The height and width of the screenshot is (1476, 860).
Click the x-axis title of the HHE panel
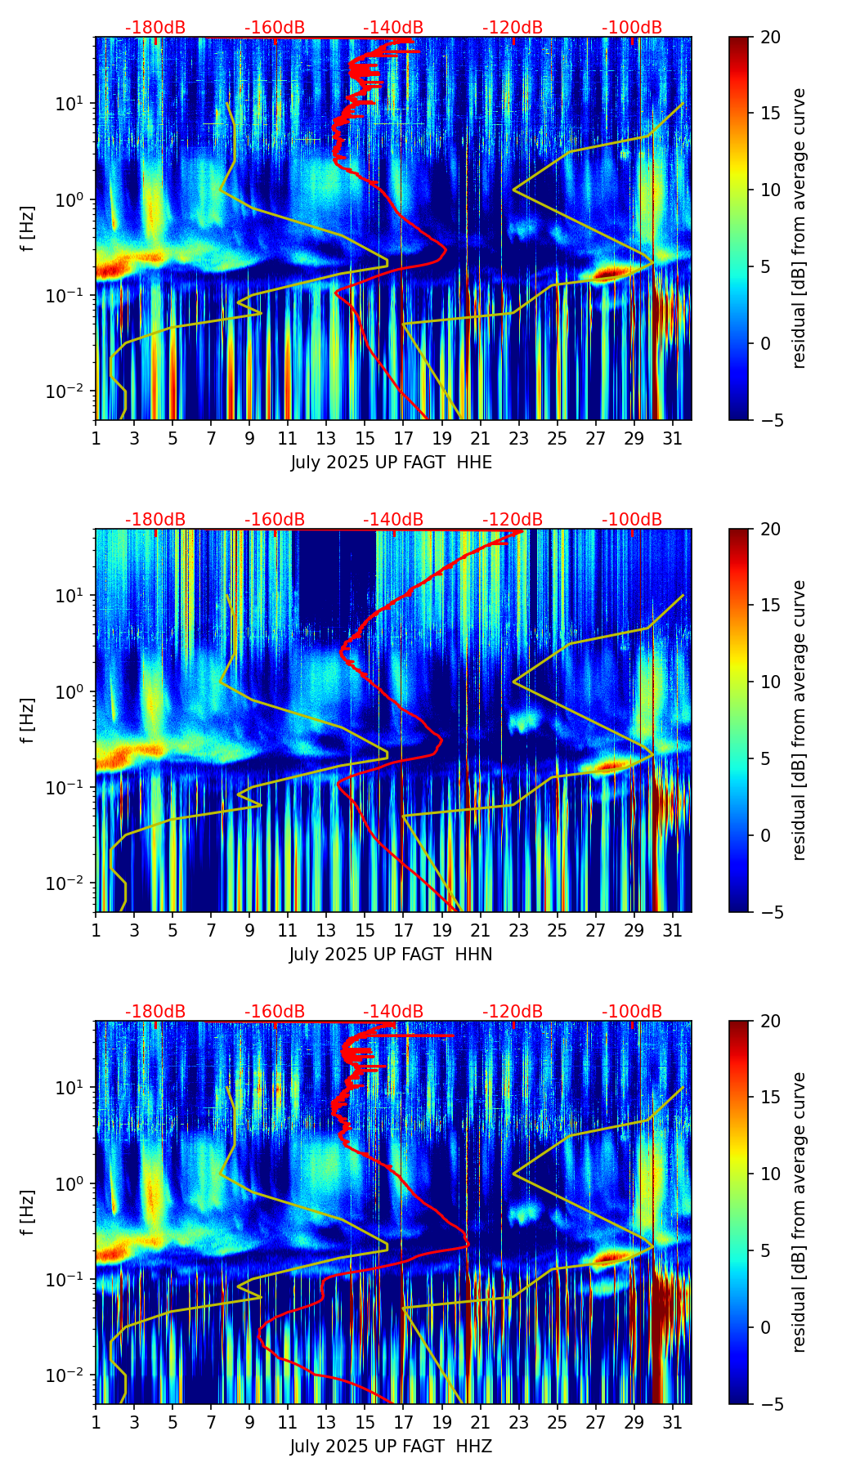(x=391, y=463)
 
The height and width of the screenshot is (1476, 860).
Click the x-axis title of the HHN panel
(x=391, y=955)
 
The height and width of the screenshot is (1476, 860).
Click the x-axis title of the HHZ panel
(x=391, y=1447)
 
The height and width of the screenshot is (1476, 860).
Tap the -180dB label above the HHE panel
(x=155, y=28)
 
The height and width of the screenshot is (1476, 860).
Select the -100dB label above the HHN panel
(x=632, y=520)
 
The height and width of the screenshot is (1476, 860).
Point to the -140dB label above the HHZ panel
(x=393, y=1012)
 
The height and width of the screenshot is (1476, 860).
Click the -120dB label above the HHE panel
(x=513, y=28)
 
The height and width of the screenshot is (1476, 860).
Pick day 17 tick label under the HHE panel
(x=403, y=438)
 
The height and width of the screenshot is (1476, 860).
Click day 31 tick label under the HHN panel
(x=672, y=930)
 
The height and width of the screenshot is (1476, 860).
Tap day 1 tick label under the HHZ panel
(x=96, y=1422)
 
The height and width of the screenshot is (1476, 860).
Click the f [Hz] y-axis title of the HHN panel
(x=28, y=720)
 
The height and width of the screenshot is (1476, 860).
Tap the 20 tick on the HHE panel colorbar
(x=769, y=38)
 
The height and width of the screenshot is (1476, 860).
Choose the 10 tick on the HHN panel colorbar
(x=769, y=682)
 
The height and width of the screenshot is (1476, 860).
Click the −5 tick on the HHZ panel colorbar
(x=769, y=1404)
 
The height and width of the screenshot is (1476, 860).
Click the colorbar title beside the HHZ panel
(x=800, y=1212)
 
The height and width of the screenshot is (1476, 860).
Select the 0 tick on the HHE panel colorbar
(x=765, y=343)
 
